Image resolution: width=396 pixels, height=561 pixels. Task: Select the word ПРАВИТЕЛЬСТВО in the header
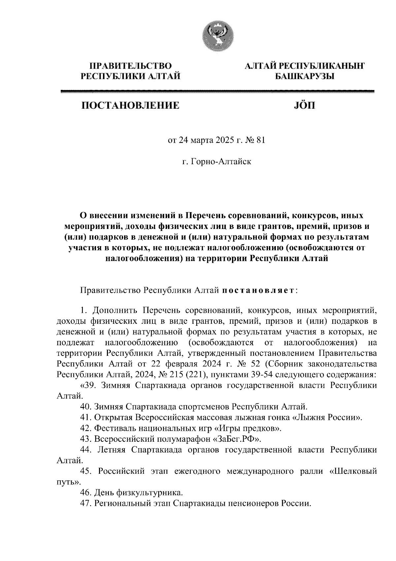tap(131, 66)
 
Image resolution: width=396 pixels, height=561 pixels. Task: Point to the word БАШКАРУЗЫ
tap(305, 76)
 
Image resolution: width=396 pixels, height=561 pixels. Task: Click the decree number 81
tap(260, 140)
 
